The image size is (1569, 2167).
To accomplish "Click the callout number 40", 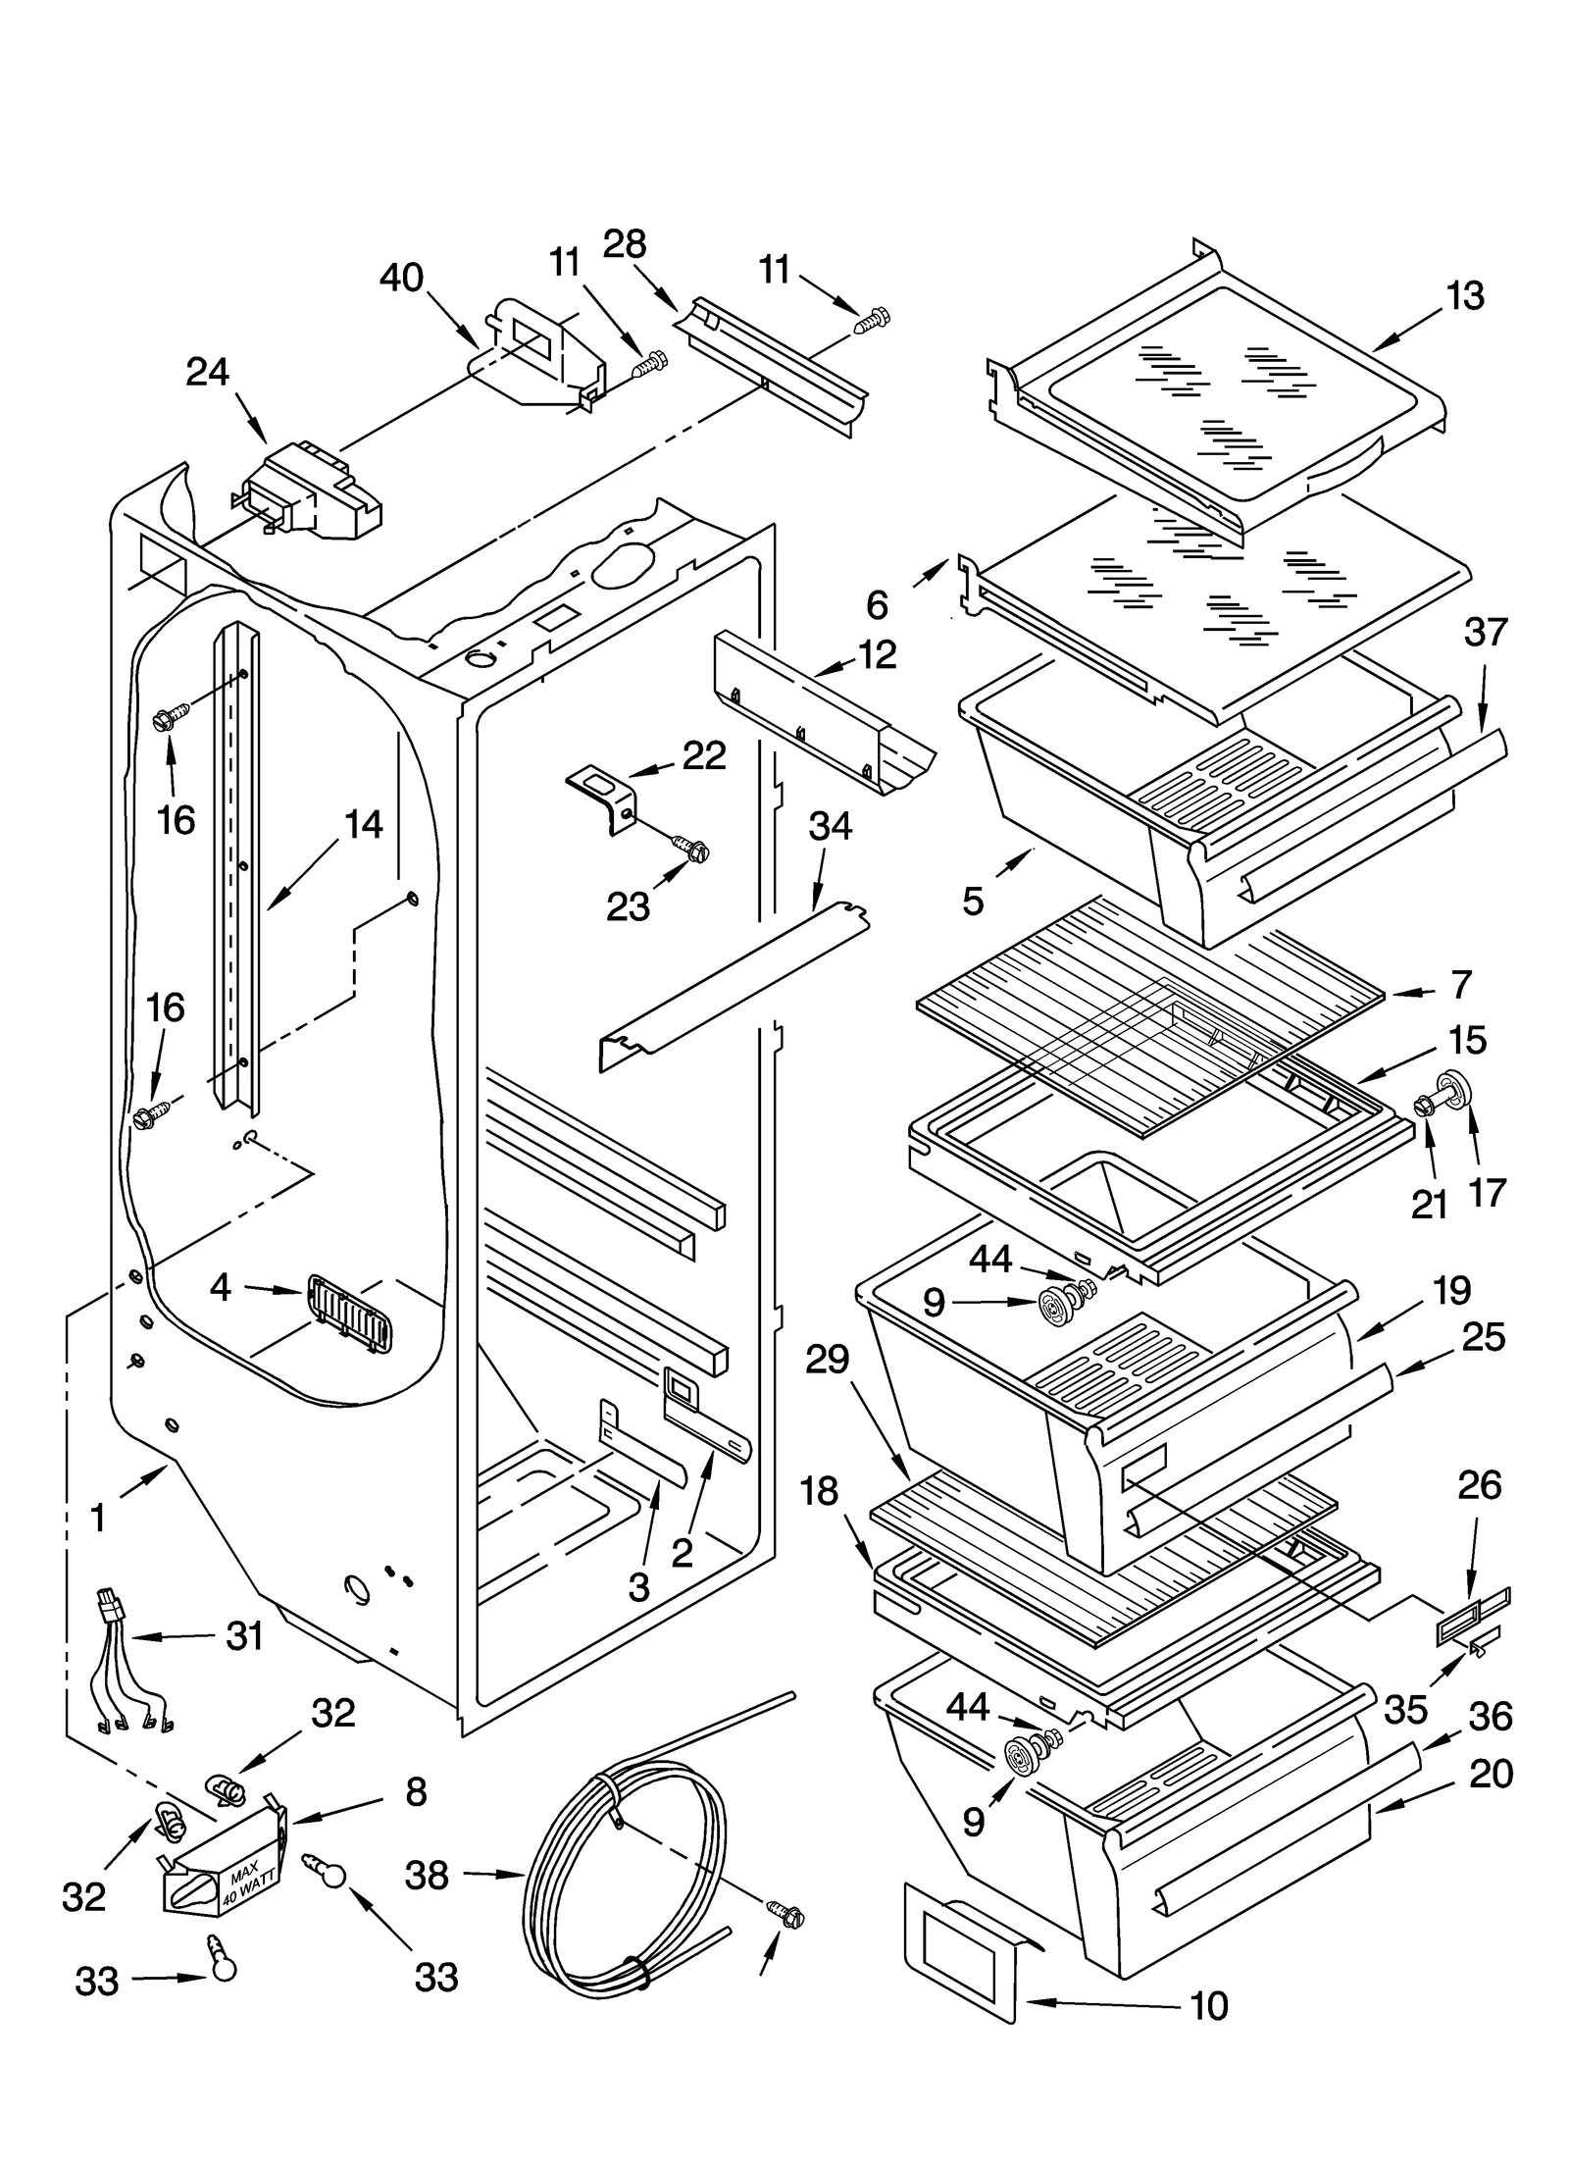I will [401, 279].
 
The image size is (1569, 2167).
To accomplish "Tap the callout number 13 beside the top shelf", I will [1465, 295].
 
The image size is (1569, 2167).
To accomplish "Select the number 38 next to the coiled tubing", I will [428, 1875].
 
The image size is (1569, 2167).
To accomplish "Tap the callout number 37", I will [1486, 633].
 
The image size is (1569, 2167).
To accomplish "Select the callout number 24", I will [208, 372].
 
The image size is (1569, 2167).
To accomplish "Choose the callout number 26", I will [1479, 1486].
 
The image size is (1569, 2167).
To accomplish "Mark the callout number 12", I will [877, 654].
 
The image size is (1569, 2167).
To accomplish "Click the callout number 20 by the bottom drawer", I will [1492, 1774].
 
